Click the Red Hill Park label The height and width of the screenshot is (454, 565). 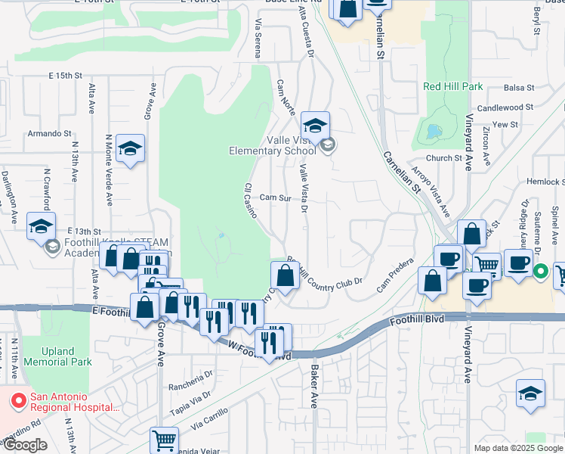click(x=452, y=87)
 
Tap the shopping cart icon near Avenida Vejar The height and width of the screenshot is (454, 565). click(x=164, y=439)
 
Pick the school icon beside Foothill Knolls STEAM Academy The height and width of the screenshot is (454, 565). click(x=41, y=225)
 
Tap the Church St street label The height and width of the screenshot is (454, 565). click(x=443, y=158)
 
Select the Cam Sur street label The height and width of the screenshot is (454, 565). click(x=275, y=197)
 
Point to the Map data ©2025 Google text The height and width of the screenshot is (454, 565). click(x=518, y=448)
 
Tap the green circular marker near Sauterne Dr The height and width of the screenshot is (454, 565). click(x=541, y=271)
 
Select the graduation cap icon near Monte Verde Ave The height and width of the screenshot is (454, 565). click(x=131, y=149)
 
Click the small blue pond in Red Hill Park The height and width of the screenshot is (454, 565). click(x=433, y=132)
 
